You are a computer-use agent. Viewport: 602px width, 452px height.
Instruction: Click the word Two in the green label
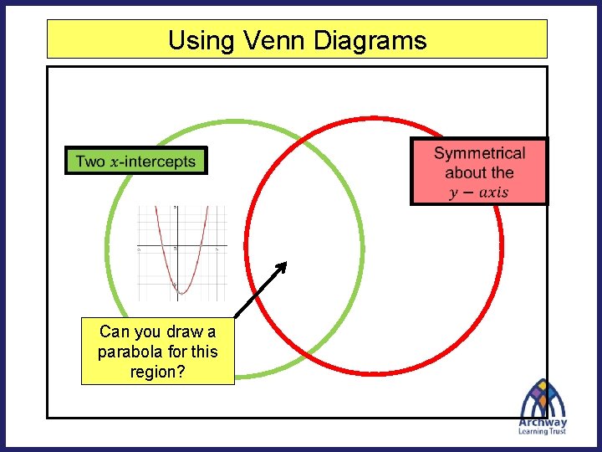90,162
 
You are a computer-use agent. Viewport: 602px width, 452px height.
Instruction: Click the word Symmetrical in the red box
480,153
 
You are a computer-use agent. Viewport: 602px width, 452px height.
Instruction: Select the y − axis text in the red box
478,193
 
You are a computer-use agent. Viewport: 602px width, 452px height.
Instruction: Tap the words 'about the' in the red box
479,172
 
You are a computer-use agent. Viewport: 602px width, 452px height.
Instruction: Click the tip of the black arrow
285,263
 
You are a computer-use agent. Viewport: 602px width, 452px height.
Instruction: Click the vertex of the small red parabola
183,294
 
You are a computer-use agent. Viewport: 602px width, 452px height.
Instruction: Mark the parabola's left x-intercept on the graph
165,249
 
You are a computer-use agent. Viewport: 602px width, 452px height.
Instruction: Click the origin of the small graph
175,249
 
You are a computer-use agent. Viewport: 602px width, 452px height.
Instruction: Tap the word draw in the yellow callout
176,331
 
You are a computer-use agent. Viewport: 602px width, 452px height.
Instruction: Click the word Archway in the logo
543,423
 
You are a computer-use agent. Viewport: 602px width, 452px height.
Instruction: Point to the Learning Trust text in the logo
543,432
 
